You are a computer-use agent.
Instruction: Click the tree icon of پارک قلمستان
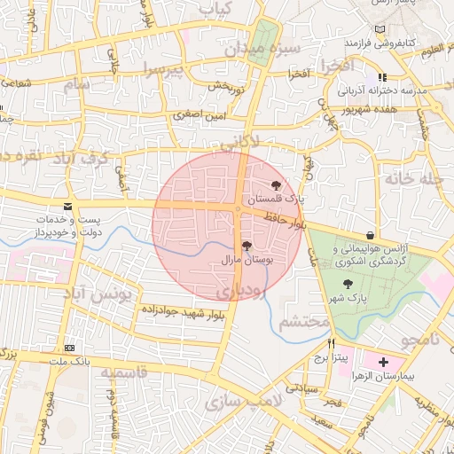point(277,185)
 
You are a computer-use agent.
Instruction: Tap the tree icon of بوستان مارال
point(247,246)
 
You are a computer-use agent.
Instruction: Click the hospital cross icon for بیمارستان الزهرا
point(383,363)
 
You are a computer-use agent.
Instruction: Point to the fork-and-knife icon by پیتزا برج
point(332,342)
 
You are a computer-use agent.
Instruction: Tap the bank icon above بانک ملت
point(70,347)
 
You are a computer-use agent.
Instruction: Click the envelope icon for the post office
point(68,206)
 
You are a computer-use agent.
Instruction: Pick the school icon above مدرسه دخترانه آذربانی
point(382,77)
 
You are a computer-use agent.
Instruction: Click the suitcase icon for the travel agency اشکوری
point(366,235)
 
